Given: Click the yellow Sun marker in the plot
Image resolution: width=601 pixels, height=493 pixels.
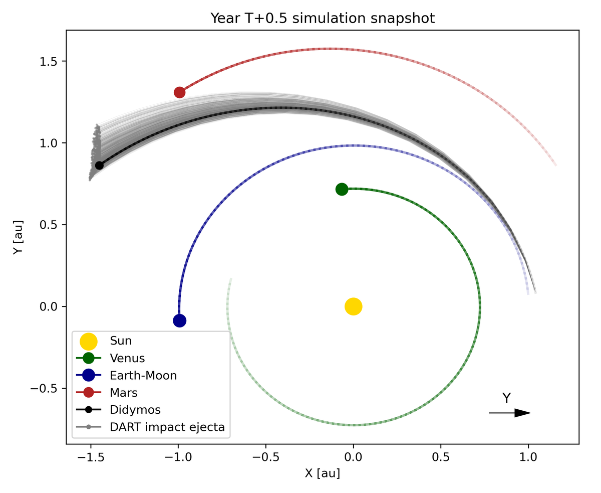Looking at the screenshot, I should click(353, 306).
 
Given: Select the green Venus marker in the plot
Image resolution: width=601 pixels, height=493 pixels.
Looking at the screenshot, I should click(342, 189).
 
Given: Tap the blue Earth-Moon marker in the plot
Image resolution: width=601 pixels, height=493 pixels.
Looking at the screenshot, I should click(179, 320).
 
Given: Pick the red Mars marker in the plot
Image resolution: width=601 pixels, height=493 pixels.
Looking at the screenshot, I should click(179, 92).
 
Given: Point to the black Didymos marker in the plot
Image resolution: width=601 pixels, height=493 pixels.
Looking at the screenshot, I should click(99, 166).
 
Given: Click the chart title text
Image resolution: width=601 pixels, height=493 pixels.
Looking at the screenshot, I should click(322, 19).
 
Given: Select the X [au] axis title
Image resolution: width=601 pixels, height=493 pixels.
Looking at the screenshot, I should click(322, 473).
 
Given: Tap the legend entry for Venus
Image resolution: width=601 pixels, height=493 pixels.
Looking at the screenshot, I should click(127, 358).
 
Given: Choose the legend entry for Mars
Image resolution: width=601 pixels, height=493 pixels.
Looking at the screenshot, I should click(124, 392).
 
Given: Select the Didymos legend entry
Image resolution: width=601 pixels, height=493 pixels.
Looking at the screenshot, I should click(135, 409).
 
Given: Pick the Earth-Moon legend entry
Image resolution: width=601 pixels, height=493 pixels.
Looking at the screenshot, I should click(143, 375).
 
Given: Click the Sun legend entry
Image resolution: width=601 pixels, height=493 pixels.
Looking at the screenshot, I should click(121, 341).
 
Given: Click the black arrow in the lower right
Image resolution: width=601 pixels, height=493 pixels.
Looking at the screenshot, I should click(509, 413).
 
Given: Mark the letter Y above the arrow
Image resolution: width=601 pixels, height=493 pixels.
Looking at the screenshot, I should click(506, 398).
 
